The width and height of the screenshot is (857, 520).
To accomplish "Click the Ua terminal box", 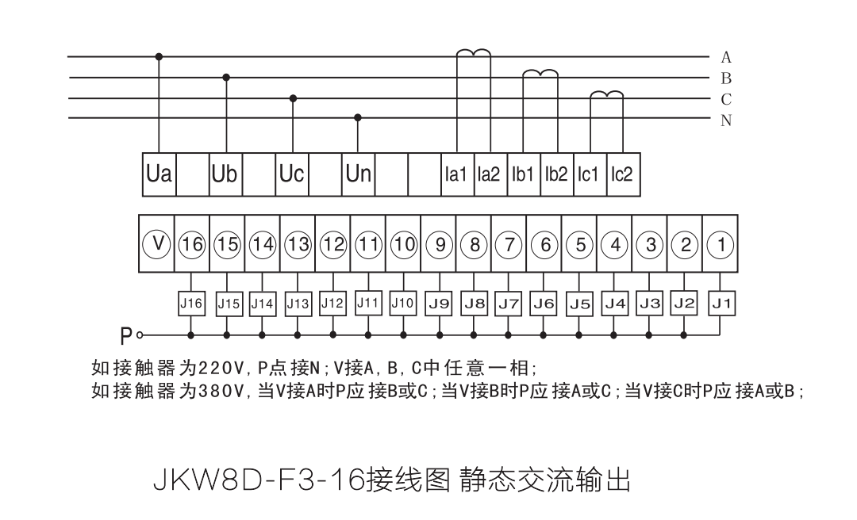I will (159, 173).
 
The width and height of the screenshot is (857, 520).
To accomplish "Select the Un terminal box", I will (359, 173).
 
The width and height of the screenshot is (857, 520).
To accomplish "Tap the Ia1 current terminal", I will (455, 174).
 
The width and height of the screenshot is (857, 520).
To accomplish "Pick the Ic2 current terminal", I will (621, 174).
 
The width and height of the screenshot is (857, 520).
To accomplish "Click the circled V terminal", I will (157, 243).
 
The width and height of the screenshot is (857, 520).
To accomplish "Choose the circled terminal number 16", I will (193, 243).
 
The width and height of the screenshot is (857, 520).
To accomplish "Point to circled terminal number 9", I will (439, 243).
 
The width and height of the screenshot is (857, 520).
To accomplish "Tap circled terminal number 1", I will (720, 243).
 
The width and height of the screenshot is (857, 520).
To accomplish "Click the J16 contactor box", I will (192, 302).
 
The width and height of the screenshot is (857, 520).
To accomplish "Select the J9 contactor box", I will (439, 302).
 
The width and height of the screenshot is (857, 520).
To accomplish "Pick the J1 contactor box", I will (720, 302).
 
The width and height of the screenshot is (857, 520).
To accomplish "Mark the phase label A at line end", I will (726, 57).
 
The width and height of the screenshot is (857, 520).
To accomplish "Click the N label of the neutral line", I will (726, 120).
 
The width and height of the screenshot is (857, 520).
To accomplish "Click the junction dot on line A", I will (159, 56).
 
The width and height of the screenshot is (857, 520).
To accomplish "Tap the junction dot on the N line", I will (358, 118).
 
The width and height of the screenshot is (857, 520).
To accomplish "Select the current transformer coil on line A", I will (473, 53).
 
